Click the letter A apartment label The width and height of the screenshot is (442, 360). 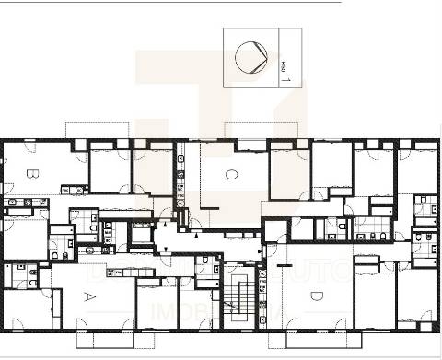[x=89, y=296]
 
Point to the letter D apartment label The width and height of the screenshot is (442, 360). [x=316, y=296]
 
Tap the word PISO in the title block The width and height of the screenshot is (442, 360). [x=282, y=66]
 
